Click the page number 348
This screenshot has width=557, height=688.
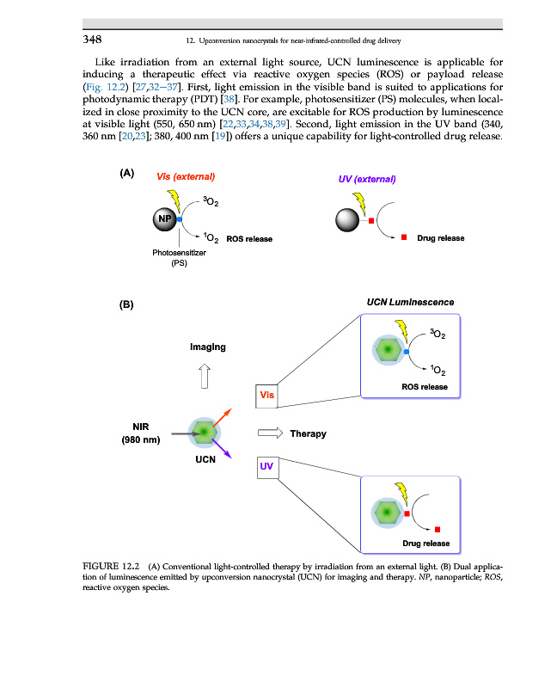[x=93, y=40]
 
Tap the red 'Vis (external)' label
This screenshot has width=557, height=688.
[x=185, y=176]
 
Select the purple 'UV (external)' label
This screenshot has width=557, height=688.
[x=367, y=179]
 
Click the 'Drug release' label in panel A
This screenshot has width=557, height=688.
[x=441, y=238]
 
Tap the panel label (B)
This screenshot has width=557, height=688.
[x=127, y=304]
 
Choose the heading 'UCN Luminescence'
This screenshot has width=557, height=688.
[x=410, y=302]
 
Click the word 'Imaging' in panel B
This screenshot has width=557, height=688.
[x=207, y=347]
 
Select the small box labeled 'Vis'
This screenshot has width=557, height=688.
[x=267, y=395]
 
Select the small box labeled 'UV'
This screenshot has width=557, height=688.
[x=266, y=466]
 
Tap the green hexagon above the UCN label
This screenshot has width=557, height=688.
[x=204, y=430]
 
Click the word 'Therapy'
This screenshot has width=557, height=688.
[x=308, y=433]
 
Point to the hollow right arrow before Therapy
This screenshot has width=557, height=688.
[x=270, y=433]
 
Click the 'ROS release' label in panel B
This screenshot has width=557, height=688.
[x=425, y=387]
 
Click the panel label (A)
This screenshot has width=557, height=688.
[x=127, y=173]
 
